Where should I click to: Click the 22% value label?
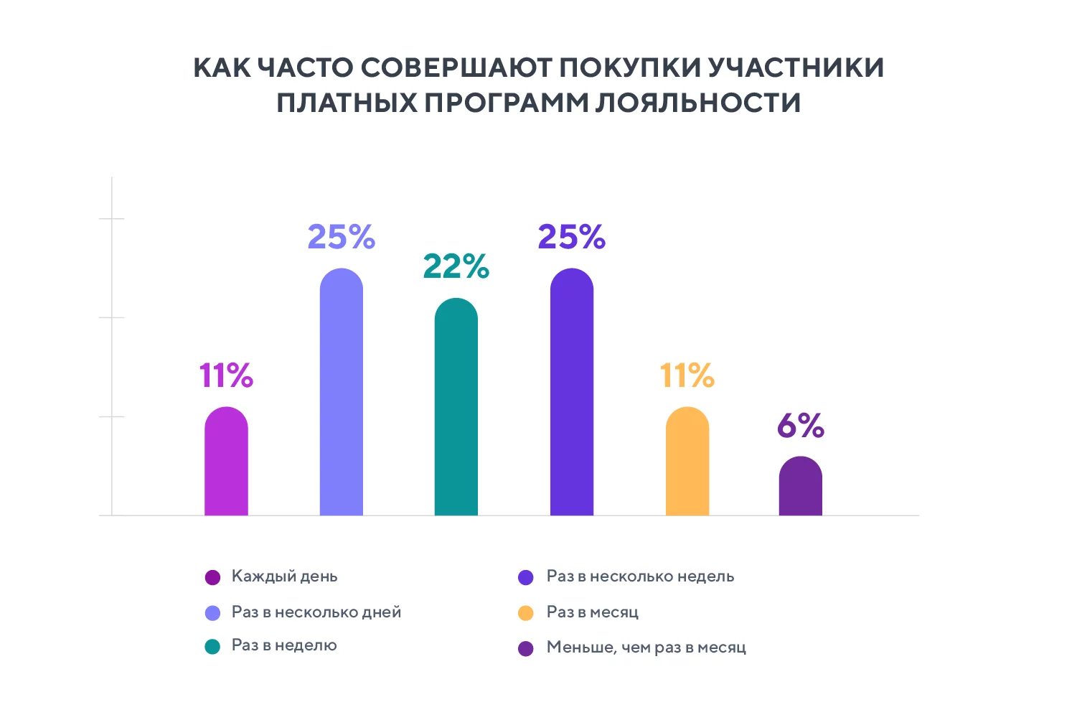(x=456, y=266)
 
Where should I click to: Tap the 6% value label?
(x=801, y=426)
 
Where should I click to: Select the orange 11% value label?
(x=687, y=375)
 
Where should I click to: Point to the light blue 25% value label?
(x=342, y=237)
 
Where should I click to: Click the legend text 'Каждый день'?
(x=284, y=576)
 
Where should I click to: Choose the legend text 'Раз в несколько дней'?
(x=316, y=612)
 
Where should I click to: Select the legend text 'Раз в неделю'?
(x=284, y=645)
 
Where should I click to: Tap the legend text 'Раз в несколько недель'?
(x=640, y=576)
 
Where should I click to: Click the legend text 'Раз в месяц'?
(x=593, y=612)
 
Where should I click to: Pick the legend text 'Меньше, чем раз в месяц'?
(x=646, y=648)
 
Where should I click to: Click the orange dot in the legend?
(x=526, y=613)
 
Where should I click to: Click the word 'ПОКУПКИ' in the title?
(x=630, y=67)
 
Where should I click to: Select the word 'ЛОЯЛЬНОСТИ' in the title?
(x=697, y=103)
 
